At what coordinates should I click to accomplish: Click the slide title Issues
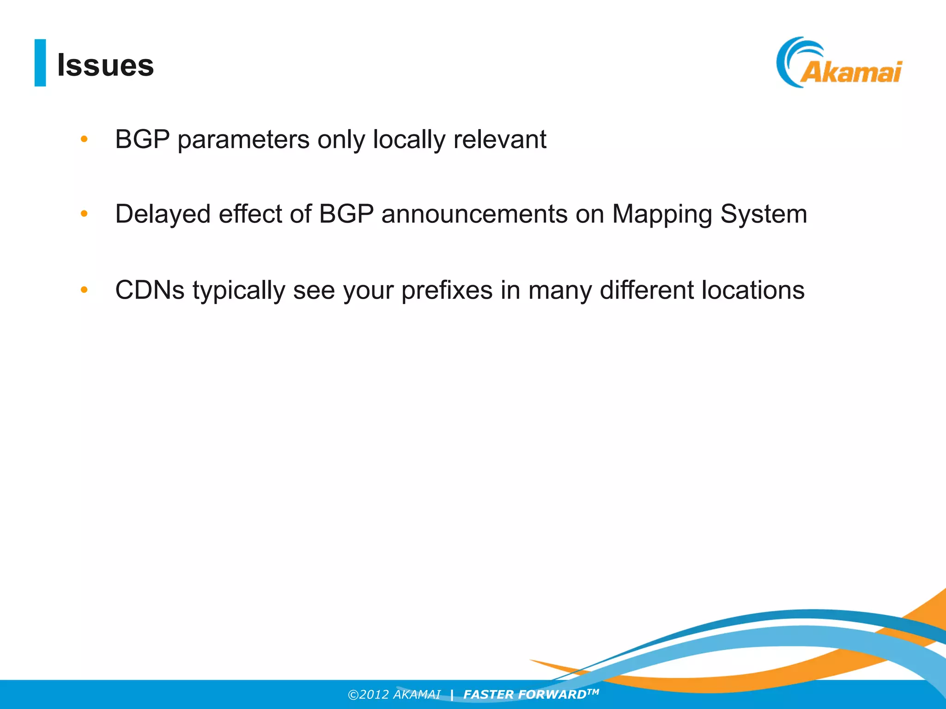point(105,65)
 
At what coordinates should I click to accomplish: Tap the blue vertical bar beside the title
point(40,63)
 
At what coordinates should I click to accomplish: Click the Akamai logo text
point(851,72)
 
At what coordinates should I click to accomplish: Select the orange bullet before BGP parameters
point(84,139)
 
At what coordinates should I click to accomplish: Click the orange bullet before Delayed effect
point(84,214)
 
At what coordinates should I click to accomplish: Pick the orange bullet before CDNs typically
point(84,290)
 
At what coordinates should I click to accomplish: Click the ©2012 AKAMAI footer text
point(394,695)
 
